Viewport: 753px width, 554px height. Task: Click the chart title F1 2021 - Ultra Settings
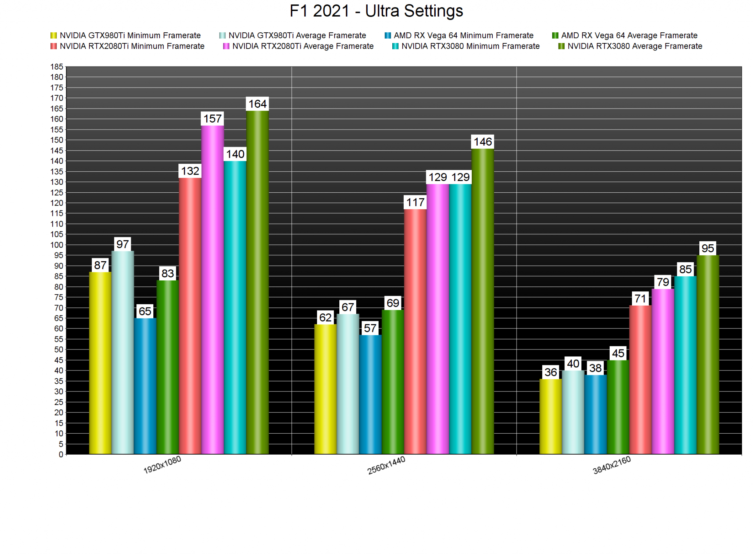click(376, 11)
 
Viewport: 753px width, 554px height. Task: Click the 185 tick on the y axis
click(57, 67)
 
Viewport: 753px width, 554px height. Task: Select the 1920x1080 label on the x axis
click(162, 465)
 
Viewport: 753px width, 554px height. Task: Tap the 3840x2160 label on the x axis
click(612, 465)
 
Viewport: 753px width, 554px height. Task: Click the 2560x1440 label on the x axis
click(386, 465)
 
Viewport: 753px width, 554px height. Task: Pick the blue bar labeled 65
click(145, 386)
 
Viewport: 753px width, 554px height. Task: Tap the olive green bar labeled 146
click(483, 302)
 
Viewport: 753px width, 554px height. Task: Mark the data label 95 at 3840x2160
click(708, 249)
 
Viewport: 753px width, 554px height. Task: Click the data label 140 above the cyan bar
click(235, 154)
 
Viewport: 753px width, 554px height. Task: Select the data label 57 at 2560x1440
click(370, 328)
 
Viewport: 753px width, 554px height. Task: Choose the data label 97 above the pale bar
click(123, 244)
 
